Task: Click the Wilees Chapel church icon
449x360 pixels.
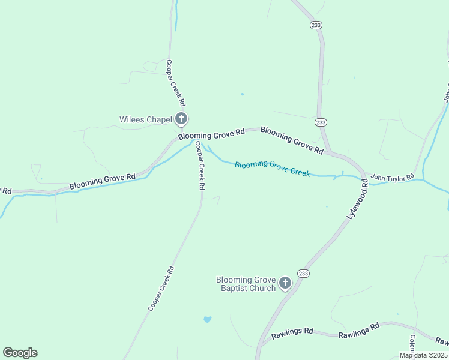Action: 181,119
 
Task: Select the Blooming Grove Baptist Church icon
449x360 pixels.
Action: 285,283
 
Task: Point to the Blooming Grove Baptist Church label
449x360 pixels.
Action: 246,284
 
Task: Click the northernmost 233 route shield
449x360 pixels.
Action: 316,25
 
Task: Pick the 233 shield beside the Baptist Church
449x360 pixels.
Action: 304,274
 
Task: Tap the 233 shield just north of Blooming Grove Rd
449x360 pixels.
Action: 321,122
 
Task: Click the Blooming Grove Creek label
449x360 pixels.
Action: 272,169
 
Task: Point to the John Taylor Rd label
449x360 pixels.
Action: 392,177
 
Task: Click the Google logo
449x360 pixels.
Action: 20,353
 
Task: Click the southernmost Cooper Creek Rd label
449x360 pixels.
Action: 161,289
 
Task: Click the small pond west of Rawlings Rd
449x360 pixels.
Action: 207,319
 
